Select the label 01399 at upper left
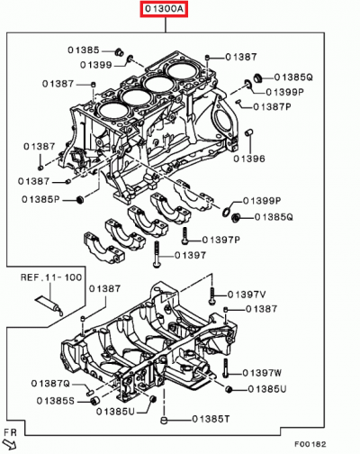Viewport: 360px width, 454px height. (x=95, y=65)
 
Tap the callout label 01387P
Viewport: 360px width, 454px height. (x=272, y=106)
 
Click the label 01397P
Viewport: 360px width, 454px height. (x=220, y=241)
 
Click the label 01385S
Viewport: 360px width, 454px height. (x=56, y=400)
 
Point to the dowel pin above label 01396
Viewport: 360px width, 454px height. (x=246, y=134)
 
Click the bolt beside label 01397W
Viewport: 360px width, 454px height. (x=222, y=368)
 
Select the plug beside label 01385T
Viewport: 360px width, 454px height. (x=165, y=420)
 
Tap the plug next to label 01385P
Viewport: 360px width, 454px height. (x=78, y=197)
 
